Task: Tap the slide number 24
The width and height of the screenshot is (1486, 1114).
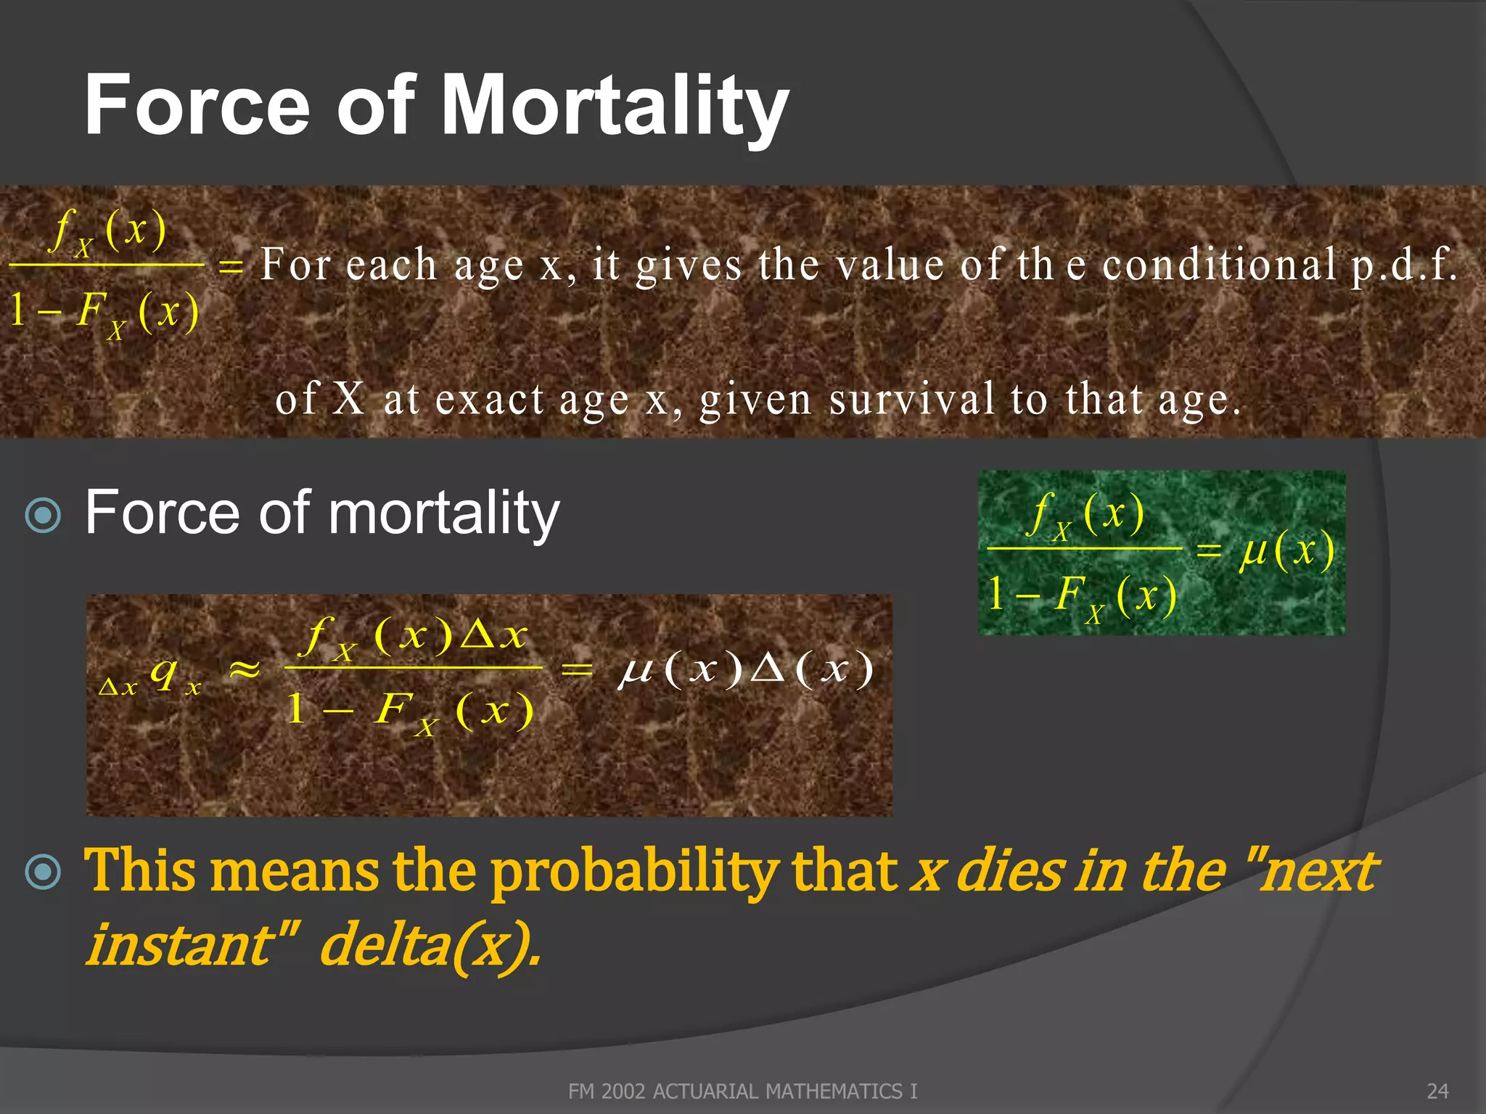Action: coord(1437,1091)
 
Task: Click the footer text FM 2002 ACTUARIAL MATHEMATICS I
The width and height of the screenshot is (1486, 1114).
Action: coord(742,1091)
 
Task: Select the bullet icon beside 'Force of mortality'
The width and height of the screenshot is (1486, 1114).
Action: coord(44,515)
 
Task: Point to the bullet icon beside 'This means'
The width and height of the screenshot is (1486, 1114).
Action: coord(44,871)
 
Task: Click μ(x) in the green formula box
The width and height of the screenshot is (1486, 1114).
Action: coord(1286,550)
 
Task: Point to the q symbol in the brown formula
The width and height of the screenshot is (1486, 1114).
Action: coord(164,673)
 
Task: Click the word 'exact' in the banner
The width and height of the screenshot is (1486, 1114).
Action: coord(489,400)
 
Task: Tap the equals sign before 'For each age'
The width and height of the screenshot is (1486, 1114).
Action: coord(231,266)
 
